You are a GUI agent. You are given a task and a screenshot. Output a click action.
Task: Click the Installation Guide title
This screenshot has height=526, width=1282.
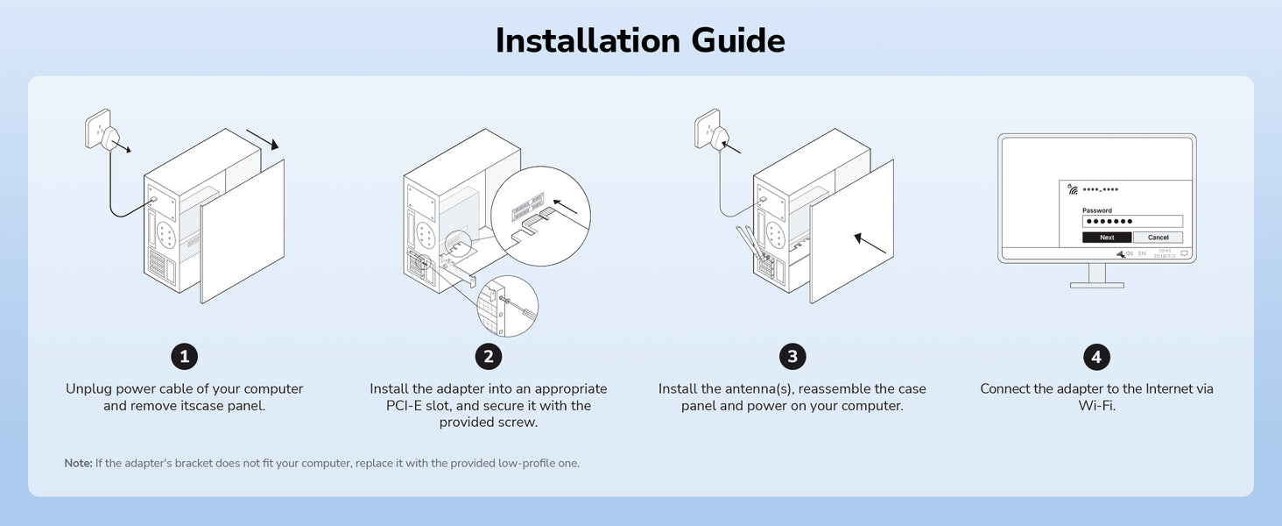(640, 40)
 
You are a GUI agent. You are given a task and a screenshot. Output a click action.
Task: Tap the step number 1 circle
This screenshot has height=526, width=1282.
(184, 357)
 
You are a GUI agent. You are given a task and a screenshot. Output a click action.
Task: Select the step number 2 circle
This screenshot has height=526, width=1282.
(488, 357)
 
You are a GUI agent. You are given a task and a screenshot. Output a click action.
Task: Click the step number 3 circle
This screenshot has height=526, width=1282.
(792, 357)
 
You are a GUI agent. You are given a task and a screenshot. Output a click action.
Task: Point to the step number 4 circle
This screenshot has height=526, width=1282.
(1096, 357)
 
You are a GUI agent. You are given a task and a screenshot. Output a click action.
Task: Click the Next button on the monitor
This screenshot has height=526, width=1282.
(1107, 238)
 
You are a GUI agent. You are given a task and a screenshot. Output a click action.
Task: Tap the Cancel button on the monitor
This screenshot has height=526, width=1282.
(1158, 238)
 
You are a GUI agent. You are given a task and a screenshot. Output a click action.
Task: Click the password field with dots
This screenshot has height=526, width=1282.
(1132, 221)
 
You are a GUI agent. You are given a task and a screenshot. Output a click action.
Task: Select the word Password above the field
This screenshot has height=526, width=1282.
(1097, 210)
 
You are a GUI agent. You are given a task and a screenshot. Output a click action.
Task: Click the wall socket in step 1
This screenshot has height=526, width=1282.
(97, 129)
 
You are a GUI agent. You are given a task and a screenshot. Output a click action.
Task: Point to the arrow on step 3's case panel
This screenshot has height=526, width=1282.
(870, 243)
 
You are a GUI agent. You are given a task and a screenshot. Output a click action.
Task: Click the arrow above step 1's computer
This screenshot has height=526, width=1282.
(263, 139)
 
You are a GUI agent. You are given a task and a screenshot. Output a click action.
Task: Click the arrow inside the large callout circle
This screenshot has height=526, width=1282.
(566, 206)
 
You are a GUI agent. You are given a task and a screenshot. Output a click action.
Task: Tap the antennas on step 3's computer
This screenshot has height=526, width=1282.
(750, 244)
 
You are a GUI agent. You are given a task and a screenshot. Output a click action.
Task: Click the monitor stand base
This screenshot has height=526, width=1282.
(1096, 285)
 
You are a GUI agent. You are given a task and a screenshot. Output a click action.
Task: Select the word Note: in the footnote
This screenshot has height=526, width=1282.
(79, 463)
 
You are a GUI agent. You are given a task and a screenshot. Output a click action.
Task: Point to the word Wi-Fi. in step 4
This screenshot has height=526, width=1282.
(1096, 406)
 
